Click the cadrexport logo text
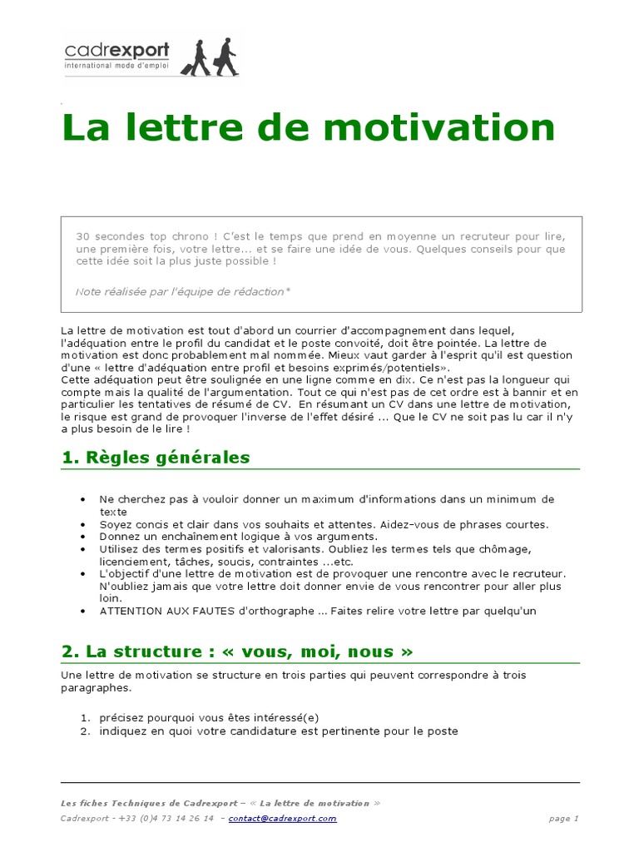pos(116,51)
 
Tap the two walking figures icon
pos(209,57)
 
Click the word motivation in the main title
pos(440,127)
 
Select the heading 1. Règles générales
pos(156,458)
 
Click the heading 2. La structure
pos(237,651)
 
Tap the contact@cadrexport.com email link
pos(282,819)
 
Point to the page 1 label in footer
pos(563,819)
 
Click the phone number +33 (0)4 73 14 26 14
pos(166,819)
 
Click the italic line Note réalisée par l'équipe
pos(183,292)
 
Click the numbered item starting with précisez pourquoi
pos(209,718)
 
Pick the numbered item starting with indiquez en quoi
pos(278,731)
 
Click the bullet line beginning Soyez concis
pos(324,524)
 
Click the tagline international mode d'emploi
pos(116,65)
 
